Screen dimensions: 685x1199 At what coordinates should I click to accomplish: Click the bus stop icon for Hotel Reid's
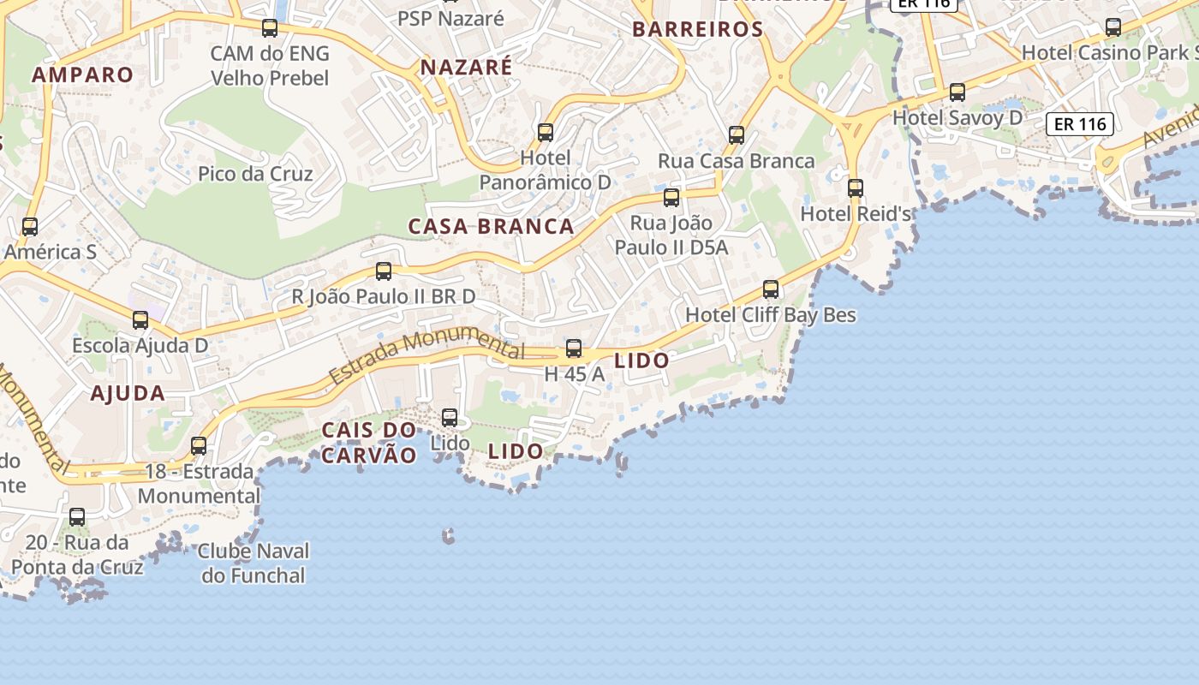pyautogui.click(x=855, y=188)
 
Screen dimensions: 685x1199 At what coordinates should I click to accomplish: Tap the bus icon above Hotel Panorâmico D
pyautogui.click(x=546, y=133)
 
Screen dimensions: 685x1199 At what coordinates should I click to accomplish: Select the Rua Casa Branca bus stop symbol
pyautogui.click(x=737, y=135)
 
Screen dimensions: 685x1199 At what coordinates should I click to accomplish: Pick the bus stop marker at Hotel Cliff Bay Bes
pyautogui.click(x=771, y=289)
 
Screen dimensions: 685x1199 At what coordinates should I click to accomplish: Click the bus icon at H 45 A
pyautogui.click(x=574, y=348)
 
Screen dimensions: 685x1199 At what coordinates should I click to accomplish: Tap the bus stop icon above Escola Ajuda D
pyautogui.click(x=140, y=320)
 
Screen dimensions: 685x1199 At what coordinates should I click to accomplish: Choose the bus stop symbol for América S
pyautogui.click(x=30, y=227)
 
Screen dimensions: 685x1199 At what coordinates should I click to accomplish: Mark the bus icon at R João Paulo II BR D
pyautogui.click(x=384, y=271)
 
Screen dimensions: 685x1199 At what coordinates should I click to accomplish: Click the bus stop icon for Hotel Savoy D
pyautogui.click(x=957, y=92)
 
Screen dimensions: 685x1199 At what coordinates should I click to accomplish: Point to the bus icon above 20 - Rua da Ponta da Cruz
pyautogui.click(x=77, y=517)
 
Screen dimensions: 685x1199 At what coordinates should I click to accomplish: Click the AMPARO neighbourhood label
pyautogui.click(x=83, y=74)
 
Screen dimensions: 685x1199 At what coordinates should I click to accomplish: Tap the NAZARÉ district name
pyautogui.click(x=467, y=67)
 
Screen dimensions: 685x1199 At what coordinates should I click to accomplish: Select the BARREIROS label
pyautogui.click(x=697, y=29)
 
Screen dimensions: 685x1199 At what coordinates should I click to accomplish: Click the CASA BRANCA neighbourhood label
pyautogui.click(x=491, y=227)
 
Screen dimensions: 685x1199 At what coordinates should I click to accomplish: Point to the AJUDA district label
pyautogui.click(x=128, y=394)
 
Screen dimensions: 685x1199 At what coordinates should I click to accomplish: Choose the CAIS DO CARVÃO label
pyautogui.click(x=369, y=442)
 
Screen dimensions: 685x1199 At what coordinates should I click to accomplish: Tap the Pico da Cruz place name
pyautogui.click(x=255, y=174)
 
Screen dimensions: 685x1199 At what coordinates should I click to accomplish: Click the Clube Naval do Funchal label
pyautogui.click(x=254, y=563)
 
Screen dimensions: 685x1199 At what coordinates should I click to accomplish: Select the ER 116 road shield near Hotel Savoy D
pyautogui.click(x=1081, y=124)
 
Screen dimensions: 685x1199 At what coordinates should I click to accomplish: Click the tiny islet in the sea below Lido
pyautogui.click(x=448, y=536)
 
